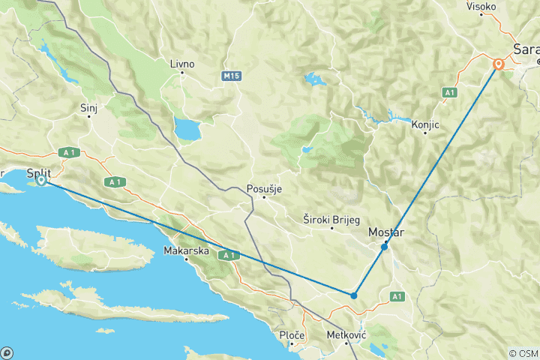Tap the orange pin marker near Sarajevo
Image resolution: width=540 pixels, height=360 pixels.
(x=498, y=64)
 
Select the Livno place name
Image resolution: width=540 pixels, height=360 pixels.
(x=182, y=64)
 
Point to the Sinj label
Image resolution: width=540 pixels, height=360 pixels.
(x=88, y=108)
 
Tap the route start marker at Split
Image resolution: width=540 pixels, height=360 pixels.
(x=42, y=180)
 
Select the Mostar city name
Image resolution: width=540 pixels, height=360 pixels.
(x=386, y=233)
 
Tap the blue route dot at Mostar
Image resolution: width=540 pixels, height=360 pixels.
(x=384, y=247)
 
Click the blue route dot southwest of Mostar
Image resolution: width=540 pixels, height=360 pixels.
(x=353, y=295)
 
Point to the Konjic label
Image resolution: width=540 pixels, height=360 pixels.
(x=424, y=125)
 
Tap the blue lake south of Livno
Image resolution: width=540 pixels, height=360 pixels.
(x=186, y=128)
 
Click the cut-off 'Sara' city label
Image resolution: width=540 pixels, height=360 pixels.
(x=526, y=49)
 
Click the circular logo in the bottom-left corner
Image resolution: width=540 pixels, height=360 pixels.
(x=7, y=352)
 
